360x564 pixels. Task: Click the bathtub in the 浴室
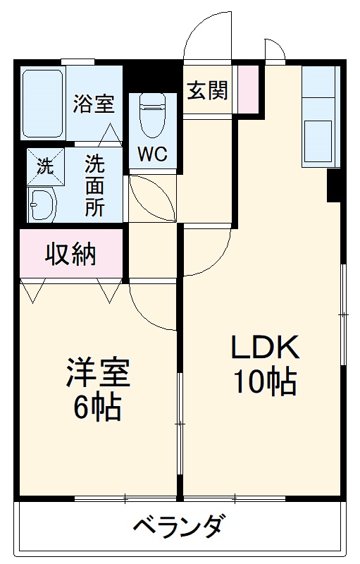(43, 104)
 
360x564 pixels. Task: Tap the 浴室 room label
(94, 104)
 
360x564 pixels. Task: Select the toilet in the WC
(153, 116)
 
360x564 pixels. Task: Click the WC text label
(153, 154)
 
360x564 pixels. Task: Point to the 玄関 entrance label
(207, 90)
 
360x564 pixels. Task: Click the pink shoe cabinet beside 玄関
(248, 90)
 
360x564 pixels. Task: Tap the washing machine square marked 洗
(46, 166)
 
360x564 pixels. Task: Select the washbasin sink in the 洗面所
(43, 204)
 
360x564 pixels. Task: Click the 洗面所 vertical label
(95, 185)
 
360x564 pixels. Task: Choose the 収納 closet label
(70, 254)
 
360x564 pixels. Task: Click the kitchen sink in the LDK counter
(318, 142)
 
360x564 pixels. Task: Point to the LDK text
(265, 347)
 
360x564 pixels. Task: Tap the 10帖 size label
(265, 381)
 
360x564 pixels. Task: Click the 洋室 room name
(98, 372)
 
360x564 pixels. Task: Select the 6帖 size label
(97, 407)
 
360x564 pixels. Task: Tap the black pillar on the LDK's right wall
(333, 185)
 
